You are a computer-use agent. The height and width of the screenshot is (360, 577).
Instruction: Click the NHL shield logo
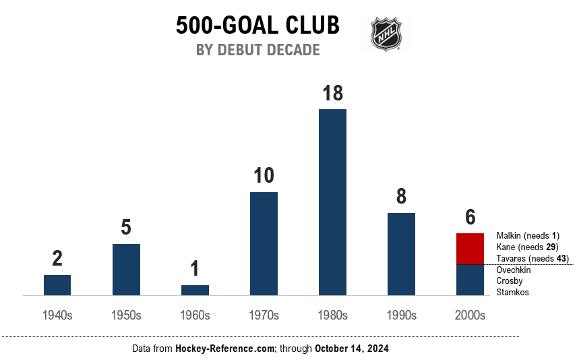tap(387, 34)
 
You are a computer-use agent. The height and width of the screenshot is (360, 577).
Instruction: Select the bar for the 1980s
tap(332, 202)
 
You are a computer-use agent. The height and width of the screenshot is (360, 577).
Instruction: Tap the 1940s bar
tap(57, 285)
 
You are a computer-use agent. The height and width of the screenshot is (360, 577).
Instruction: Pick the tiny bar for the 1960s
tap(195, 290)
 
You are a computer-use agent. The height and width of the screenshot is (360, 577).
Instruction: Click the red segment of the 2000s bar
tap(470, 249)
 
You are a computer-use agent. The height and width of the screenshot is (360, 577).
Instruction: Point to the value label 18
tap(332, 93)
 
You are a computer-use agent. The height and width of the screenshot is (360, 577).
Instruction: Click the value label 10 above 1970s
tap(264, 176)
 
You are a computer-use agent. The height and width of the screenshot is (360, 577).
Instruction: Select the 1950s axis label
tap(126, 315)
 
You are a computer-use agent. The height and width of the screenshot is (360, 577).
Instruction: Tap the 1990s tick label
tap(401, 315)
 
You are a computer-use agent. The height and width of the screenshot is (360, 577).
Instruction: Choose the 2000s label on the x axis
tap(470, 315)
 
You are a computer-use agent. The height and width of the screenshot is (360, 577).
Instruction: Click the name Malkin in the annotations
tap(509, 236)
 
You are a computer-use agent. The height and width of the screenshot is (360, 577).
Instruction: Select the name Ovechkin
tap(513, 270)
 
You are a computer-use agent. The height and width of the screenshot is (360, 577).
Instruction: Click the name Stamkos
tap(512, 292)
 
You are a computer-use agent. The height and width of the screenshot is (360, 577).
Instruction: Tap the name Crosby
tap(509, 280)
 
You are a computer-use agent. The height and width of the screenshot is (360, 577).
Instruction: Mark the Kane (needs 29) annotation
tap(522, 247)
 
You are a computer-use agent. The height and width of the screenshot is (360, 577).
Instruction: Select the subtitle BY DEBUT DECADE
tap(257, 50)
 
